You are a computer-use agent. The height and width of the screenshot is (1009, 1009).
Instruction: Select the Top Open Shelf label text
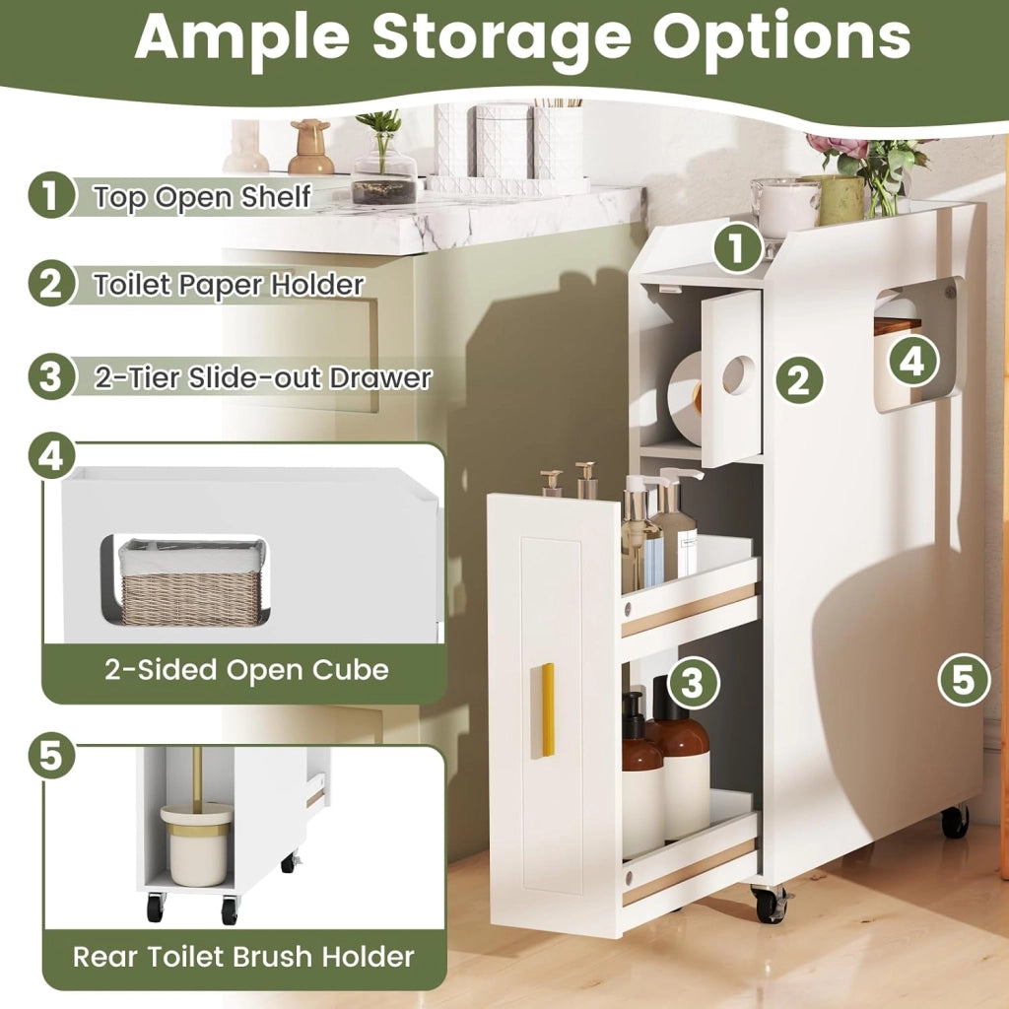202,196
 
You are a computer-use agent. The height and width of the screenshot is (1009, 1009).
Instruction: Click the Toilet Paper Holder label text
229,285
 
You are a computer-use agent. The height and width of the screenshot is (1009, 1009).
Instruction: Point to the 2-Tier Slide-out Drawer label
262,377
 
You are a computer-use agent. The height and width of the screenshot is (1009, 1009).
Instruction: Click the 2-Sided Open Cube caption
246,670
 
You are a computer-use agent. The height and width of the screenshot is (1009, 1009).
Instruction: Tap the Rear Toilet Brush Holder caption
243,956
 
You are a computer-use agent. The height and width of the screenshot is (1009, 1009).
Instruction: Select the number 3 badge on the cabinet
693,682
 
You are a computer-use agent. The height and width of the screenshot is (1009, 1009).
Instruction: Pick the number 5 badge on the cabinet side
964,680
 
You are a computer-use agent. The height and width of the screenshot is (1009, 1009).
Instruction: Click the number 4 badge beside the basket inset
51,459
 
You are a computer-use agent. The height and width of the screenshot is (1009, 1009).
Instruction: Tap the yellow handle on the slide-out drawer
543,710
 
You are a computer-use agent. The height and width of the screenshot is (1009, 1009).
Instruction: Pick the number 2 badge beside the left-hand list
51,284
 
